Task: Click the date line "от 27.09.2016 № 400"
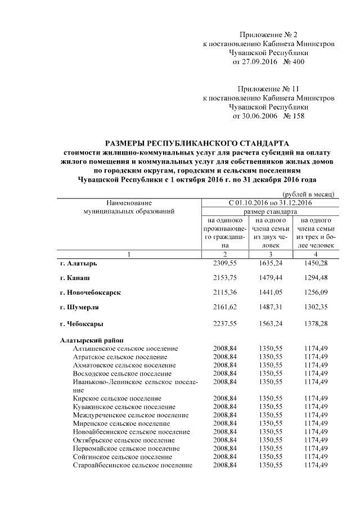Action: [268, 61]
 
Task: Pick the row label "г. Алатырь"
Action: [78, 263]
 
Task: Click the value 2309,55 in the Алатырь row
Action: [225, 263]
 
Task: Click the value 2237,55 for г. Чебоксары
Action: [225, 323]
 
